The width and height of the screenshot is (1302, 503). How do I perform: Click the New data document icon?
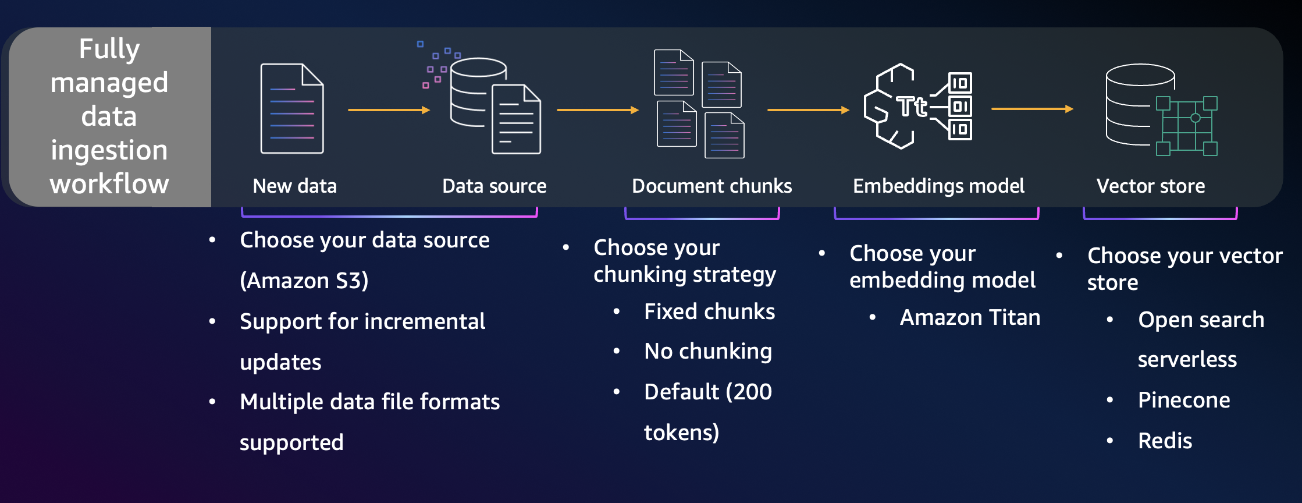(292, 109)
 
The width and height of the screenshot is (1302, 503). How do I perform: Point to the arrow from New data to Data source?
(389, 109)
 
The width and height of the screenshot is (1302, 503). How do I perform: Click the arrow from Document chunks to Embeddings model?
(808, 109)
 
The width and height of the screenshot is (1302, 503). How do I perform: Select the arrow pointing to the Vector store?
(1032, 109)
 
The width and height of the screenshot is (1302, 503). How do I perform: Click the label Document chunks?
(712, 186)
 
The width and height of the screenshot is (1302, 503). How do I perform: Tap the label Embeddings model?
(938, 186)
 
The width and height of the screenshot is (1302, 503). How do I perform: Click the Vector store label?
(1150, 186)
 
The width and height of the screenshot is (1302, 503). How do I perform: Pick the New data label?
(294, 186)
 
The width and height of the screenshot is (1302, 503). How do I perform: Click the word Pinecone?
(1183, 400)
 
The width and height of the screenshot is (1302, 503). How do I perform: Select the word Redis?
(1165, 441)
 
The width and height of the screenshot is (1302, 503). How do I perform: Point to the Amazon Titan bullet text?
(970, 317)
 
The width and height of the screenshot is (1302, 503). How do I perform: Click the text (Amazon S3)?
(304, 281)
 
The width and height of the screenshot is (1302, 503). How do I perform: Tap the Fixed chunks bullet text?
(709, 311)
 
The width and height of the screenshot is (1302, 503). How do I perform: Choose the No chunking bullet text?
(708, 351)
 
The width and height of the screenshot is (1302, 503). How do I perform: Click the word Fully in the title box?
(109, 48)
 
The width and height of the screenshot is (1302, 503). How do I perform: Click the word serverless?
(1187, 359)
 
